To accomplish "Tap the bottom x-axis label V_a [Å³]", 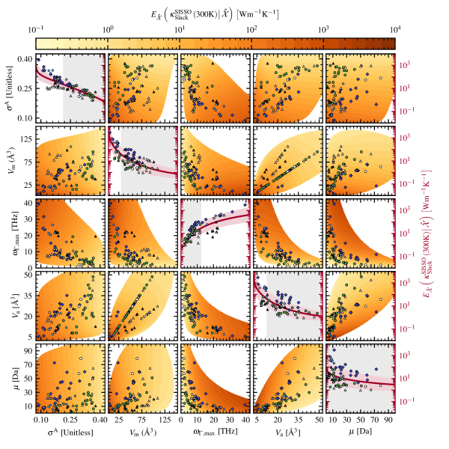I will tap(288, 432).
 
